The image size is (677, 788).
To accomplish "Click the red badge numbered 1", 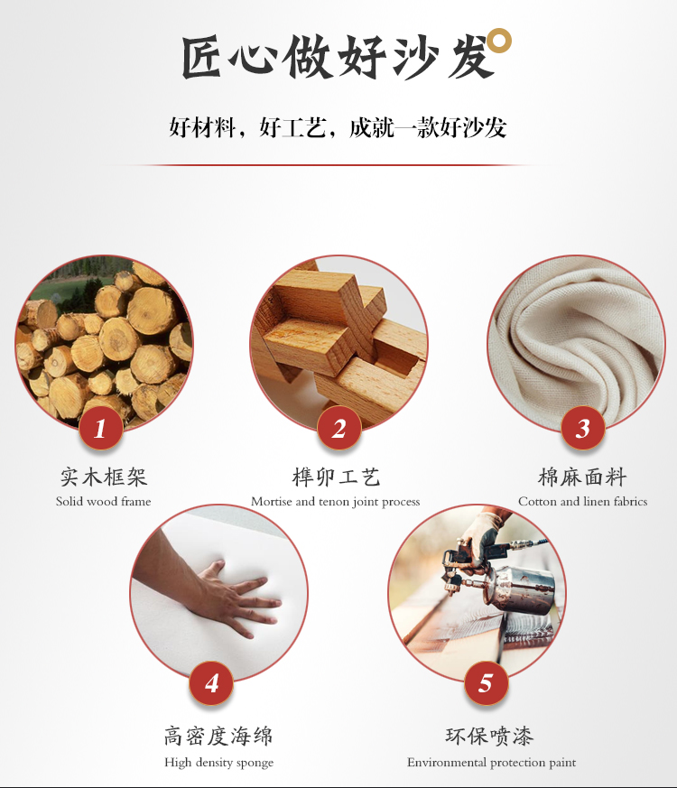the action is (101, 428).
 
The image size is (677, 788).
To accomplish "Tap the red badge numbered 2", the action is (339, 428).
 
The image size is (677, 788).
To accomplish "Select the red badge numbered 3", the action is (583, 428).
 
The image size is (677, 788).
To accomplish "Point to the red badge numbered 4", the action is (211, 683).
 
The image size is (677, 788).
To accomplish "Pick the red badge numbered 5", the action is (486, 683).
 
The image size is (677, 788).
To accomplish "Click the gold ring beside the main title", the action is (500, 41).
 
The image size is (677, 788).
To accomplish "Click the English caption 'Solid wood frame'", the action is (104, 501).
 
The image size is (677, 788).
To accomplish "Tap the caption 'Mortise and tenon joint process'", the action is (335, 502).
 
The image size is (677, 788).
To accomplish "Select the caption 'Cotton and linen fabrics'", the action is (582, 501).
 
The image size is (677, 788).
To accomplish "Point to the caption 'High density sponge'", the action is (219, 763).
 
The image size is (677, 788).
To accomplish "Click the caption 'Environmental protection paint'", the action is (492, 763).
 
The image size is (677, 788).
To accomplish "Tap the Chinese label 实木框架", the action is (104, 477).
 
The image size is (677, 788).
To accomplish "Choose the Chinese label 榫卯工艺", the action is (336, 477).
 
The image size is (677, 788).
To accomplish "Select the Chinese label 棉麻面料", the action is (582, 477).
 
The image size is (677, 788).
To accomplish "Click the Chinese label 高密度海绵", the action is (218, 737).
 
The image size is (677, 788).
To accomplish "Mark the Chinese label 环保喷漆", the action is (489, 737).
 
